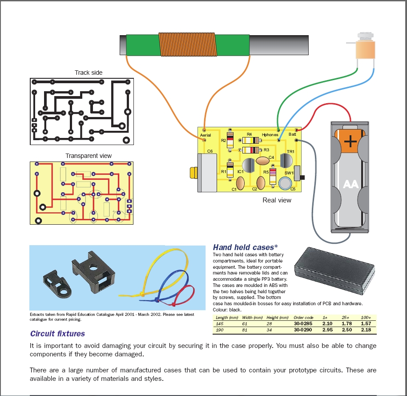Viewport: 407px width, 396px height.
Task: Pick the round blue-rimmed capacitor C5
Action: [x=285, y=182]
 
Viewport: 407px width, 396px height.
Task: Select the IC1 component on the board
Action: [x=249, y=165]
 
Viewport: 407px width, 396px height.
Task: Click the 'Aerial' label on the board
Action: [x=206, y=135]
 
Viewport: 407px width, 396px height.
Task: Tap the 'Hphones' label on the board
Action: [x=270, y=134]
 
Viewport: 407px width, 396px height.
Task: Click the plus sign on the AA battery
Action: [x=351, y=141]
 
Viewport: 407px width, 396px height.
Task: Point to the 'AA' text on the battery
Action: [x=351, y=183]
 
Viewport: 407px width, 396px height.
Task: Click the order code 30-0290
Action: [x=303, y=330]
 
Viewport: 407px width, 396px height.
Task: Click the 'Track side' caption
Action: [x=89, y=73]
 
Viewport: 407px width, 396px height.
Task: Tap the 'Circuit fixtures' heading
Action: [x=57, y=334]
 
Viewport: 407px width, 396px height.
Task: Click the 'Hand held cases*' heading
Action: [x=246, y=247]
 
